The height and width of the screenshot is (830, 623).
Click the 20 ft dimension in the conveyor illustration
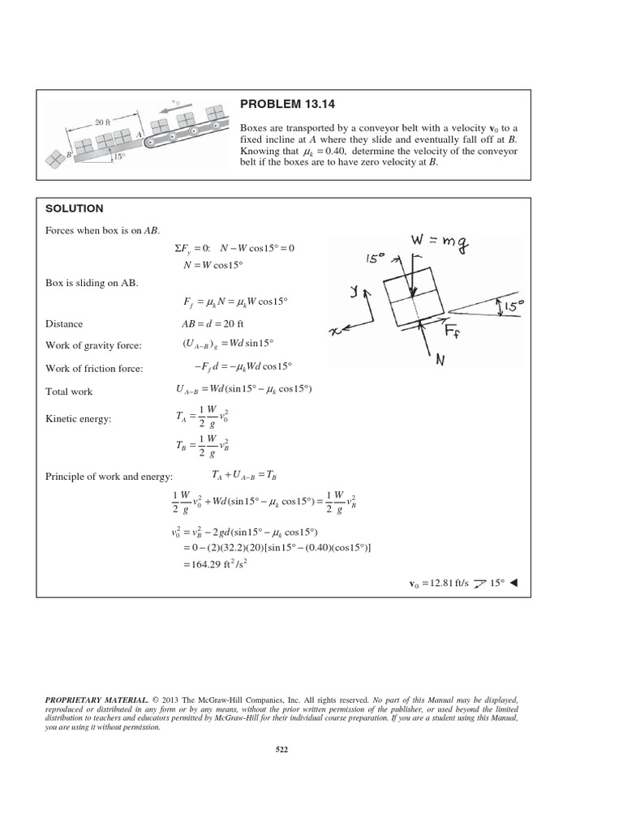coord(102,122)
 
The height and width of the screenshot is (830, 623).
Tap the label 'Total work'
coord(69,391)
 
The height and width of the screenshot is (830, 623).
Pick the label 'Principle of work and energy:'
coord(115,476)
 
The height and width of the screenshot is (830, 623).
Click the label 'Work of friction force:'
coord(95,369)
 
